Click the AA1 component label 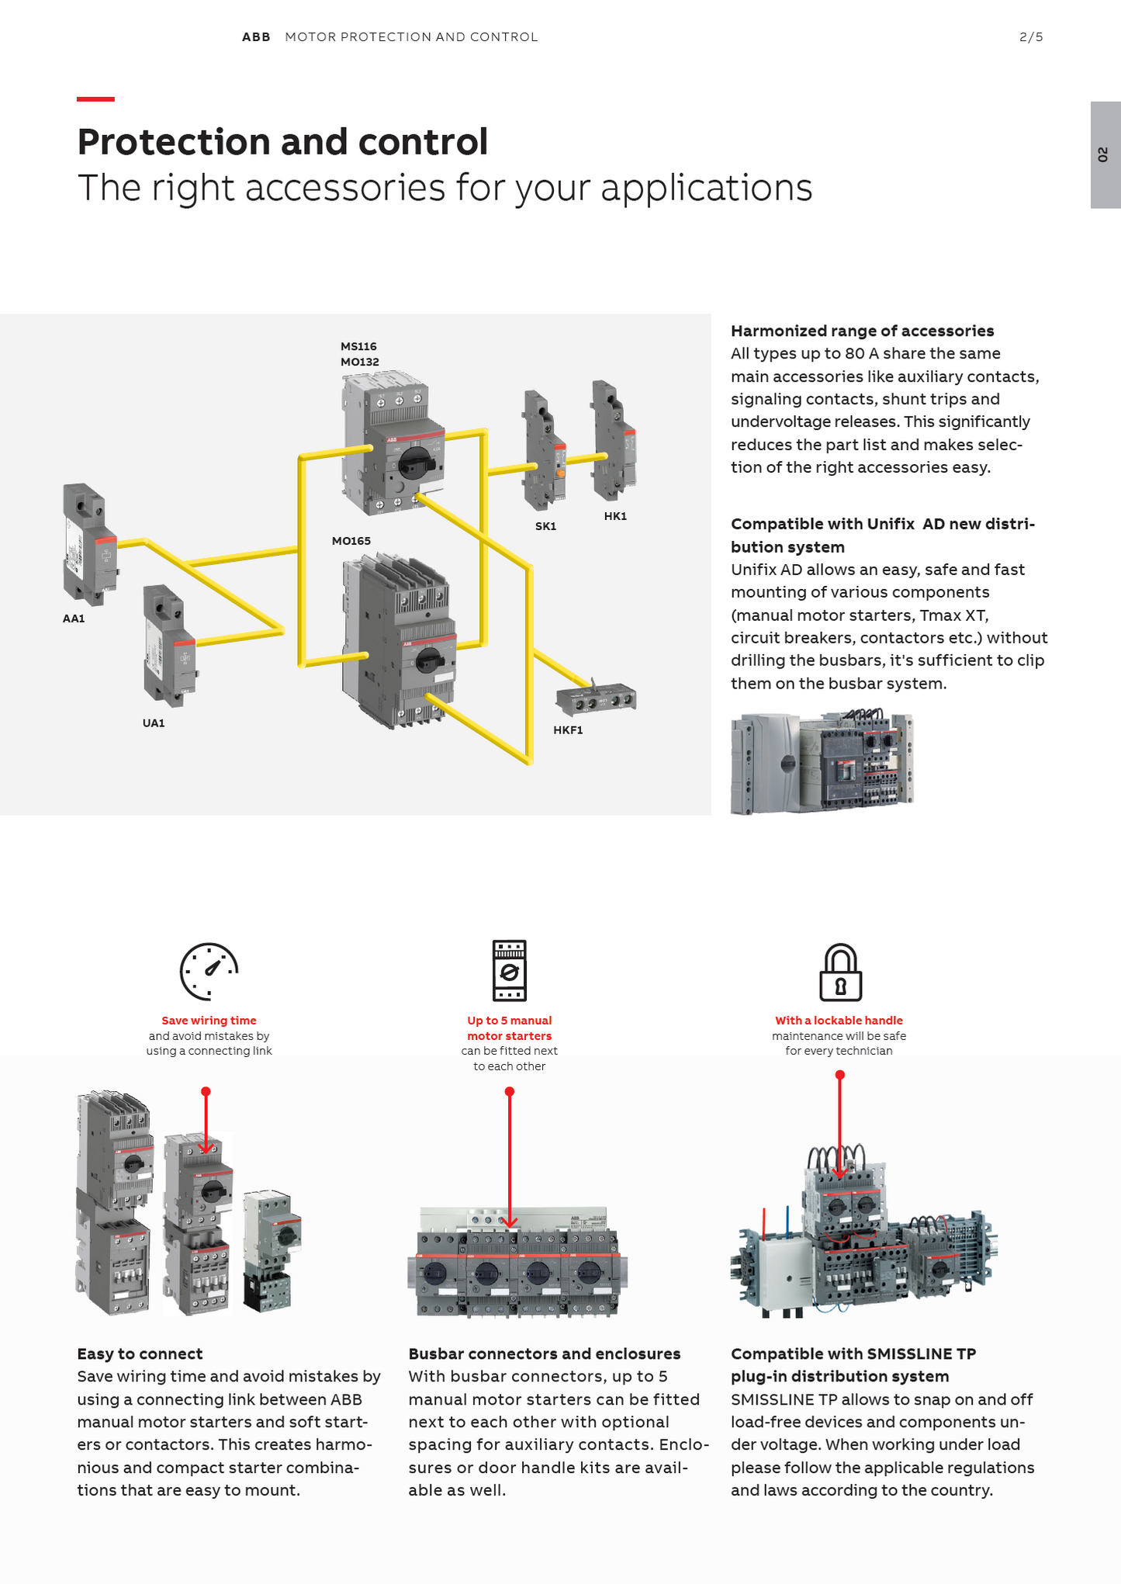(74, 619)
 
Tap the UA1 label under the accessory (154, 723)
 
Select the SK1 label (545, 526)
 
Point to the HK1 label (615, 516)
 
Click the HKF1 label (568, 730)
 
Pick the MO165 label (351, 541)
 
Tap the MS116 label (358, 346)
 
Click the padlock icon (840, 972)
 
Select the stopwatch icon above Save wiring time (209, 972)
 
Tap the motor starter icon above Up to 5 (509, 970)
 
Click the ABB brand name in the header (256, 37)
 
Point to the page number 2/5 (1031, 37)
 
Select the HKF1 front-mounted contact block (596, 700)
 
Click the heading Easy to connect (140, 1354)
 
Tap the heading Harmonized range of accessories (862, 331)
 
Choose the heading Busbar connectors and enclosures (544, 1354)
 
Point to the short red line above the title (95, 99)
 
